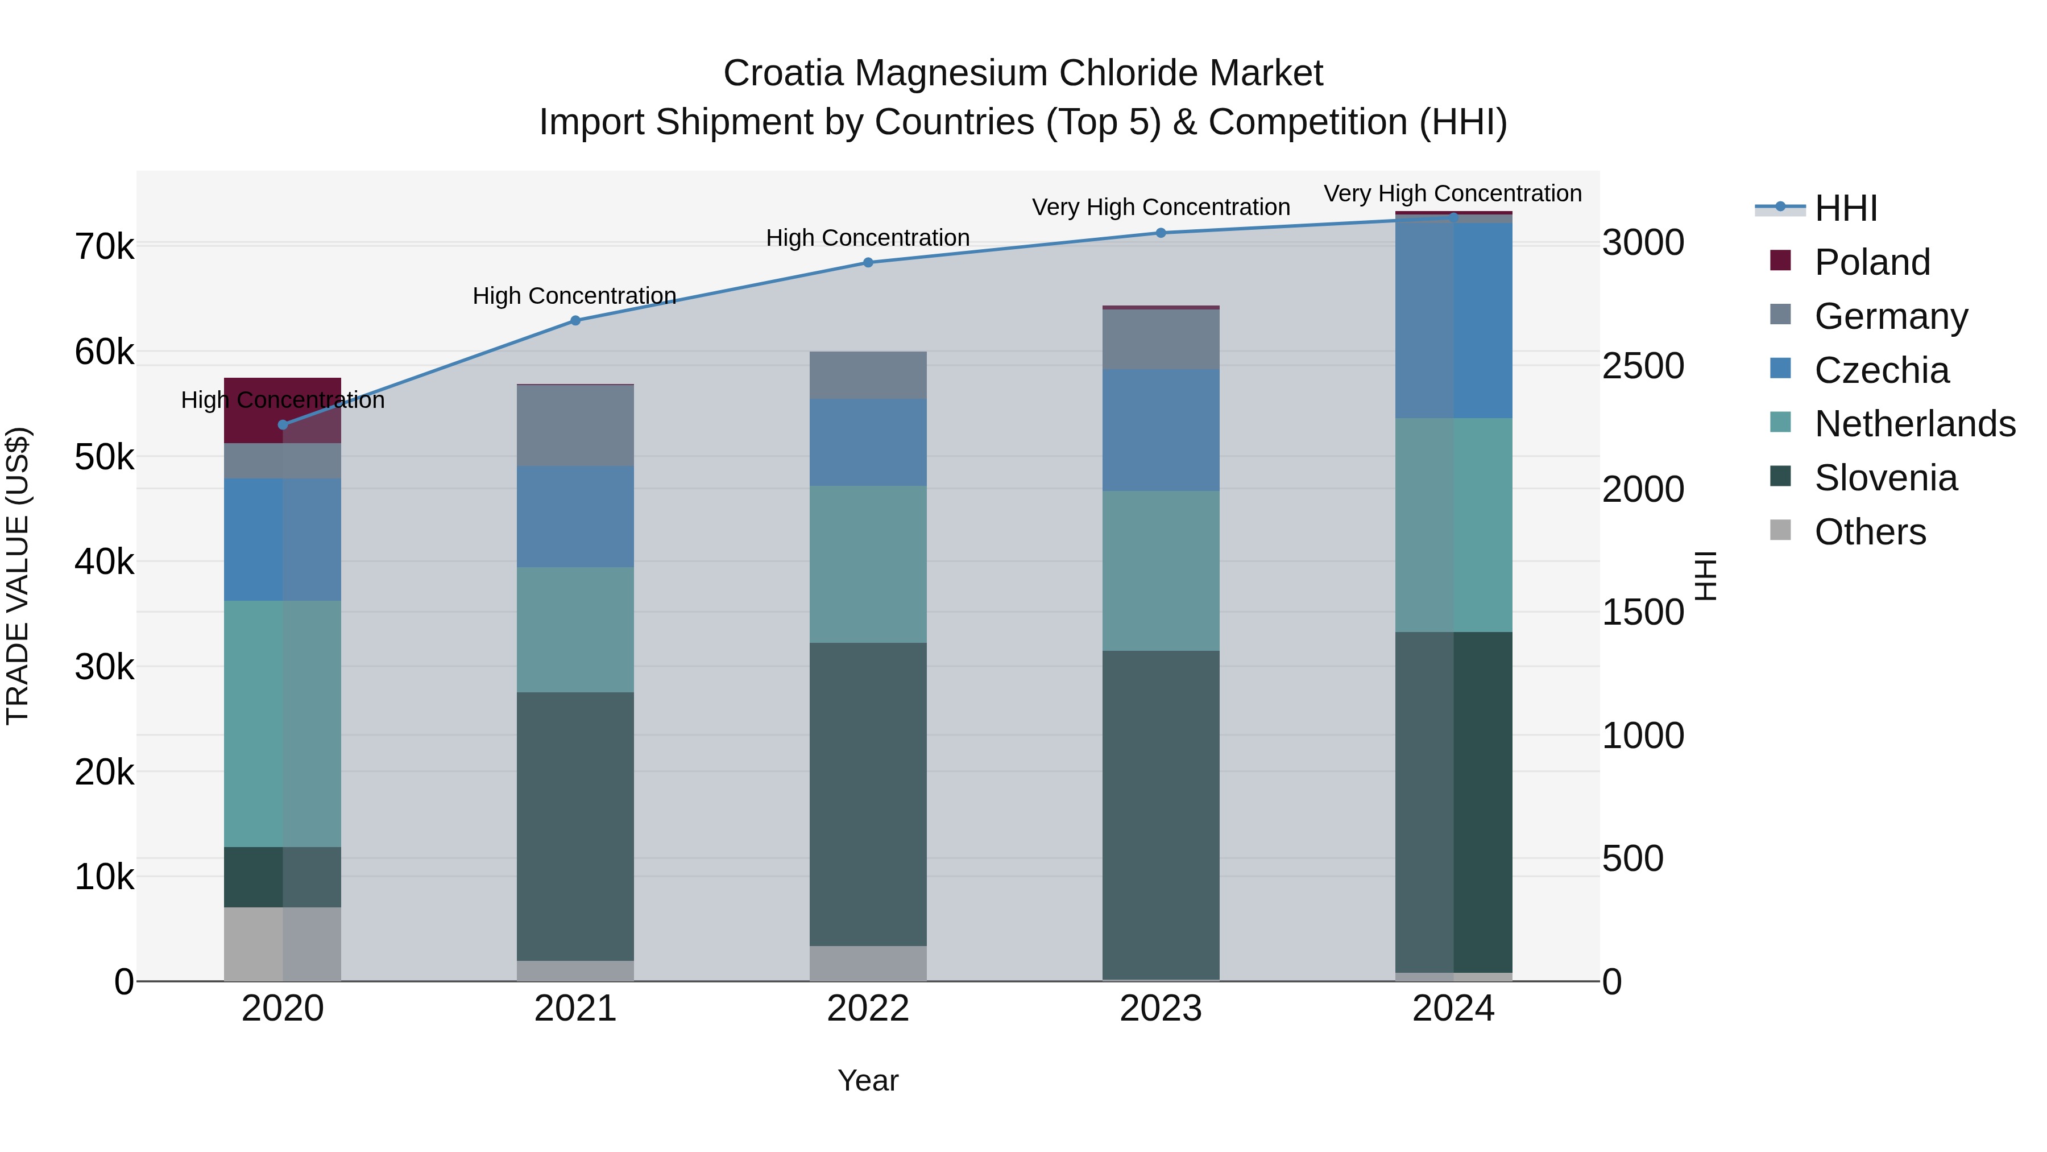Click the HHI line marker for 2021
pos(575,320)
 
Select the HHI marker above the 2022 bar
pos(868,262)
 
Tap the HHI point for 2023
pos(1160,233)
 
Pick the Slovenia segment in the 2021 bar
pos(575,827)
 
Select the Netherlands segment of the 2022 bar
pos(868,564)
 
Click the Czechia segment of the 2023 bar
pos(1160,430)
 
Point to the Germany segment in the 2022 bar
pos(868,375)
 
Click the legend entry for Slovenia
pos(1886,478)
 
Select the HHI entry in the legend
pos(1845,208)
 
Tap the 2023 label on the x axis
pos(1160,1009)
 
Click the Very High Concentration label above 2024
pos(1453,193)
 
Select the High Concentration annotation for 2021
pos(574,296)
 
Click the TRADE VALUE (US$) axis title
pos(18,576)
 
